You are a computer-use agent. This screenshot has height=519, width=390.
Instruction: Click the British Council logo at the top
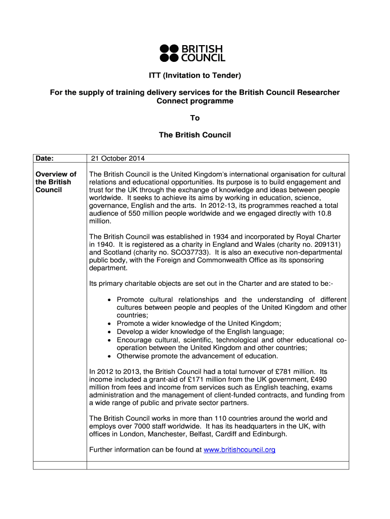tap(192, 53)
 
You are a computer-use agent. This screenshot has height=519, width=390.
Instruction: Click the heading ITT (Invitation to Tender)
tap(194, 76)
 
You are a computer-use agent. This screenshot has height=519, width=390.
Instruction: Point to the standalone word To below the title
tap(195, 118)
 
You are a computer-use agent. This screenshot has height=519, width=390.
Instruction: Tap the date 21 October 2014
tap(118, 159)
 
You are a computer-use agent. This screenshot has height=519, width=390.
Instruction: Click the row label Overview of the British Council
tap(56, 182)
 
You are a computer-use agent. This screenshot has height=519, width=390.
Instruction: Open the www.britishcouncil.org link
tap(239, 450)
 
